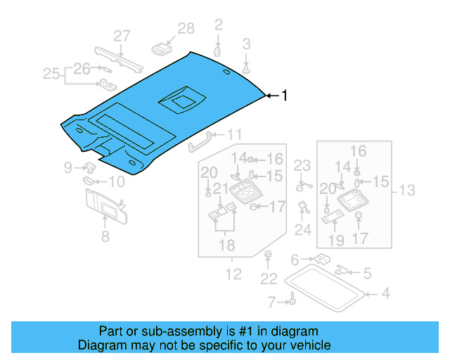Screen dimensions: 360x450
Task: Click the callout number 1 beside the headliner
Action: pyautogui.click(x=285, y=96)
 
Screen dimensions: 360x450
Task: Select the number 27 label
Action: pyautogui.click(x=122, y=36)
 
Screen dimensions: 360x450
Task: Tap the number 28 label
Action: pyautogui.click(x=185, y=28)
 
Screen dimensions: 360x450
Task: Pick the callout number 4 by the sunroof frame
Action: pyautogui.click(x=385, y=293)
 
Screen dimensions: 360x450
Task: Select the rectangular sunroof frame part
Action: pyautogui.click(x=325, y=285)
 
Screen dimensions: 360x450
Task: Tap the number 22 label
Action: pyautogui.click(x=269, y=279)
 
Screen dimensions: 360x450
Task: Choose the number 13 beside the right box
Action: pyautogui.click(x=407, y=189)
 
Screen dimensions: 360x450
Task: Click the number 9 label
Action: pyautogui.click(x=68, y=167)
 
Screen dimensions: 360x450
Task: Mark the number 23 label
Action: pyautogui.click(x=302, y=166)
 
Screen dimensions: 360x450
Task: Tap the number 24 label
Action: pyautogui.click(x=302, y=229)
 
